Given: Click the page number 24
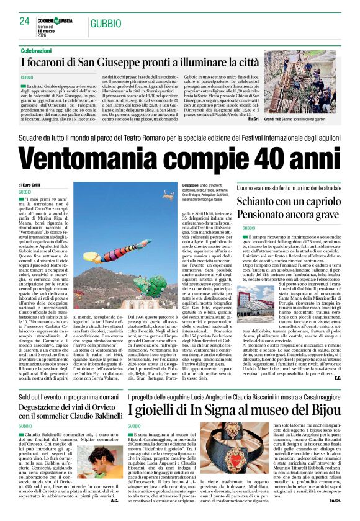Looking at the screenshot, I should pos(25,21).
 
